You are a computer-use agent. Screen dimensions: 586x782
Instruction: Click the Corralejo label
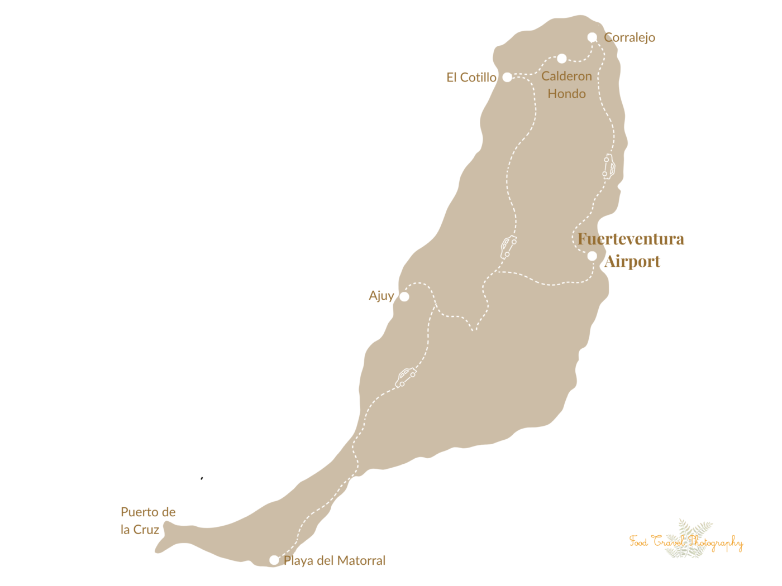630,37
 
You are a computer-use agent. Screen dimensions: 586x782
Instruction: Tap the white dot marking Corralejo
592,37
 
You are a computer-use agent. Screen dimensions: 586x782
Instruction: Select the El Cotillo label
471,78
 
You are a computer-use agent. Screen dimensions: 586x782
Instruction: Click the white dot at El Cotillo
507,77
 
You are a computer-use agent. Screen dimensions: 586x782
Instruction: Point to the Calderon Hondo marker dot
562,59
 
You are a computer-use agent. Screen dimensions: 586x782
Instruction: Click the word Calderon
566,76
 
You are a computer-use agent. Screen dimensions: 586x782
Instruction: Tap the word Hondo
566,94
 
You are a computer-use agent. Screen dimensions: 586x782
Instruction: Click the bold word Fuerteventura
631,239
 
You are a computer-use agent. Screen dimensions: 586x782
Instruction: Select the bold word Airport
632,261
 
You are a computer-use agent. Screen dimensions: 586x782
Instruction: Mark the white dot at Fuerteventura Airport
592,256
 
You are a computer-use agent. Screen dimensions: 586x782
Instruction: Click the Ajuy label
381,296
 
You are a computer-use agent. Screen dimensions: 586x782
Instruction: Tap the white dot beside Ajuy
404,296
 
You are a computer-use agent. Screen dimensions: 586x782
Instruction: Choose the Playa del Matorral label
335,560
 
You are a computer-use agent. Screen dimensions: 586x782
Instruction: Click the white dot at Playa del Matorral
274,560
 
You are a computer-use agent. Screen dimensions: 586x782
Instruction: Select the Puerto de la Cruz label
148,521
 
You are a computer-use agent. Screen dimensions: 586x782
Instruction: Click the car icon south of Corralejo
609,166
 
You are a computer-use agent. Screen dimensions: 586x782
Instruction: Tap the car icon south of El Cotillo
508,247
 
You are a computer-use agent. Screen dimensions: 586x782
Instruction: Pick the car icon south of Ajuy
406,377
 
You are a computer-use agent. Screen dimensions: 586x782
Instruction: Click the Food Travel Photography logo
686,540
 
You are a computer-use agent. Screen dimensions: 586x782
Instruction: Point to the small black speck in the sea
202,478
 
